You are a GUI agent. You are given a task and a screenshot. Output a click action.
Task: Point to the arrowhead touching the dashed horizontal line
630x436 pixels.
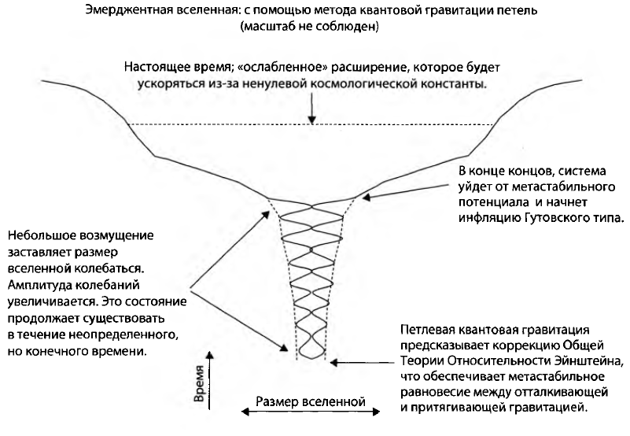(313, 120)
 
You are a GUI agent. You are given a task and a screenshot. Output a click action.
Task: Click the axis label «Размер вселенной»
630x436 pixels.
(312, 401)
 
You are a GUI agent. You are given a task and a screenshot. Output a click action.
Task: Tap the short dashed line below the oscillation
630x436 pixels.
(313, 360)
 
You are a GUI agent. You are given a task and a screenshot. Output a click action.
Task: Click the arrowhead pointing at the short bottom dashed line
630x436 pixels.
(334, 363)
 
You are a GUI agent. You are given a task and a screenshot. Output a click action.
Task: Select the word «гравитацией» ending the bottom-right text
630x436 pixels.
(554, 407)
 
